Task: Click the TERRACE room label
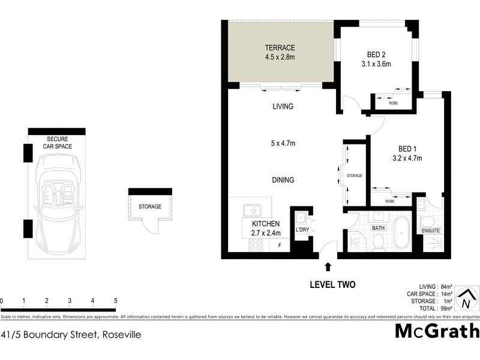coord(280,48)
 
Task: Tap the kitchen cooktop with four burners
coord(256,245)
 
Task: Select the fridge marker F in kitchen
coord(280,245)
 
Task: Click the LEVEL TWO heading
coord(332,285)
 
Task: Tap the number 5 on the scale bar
coord(115,301)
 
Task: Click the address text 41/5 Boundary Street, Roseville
coord(71,335)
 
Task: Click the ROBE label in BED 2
coord(394,103)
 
